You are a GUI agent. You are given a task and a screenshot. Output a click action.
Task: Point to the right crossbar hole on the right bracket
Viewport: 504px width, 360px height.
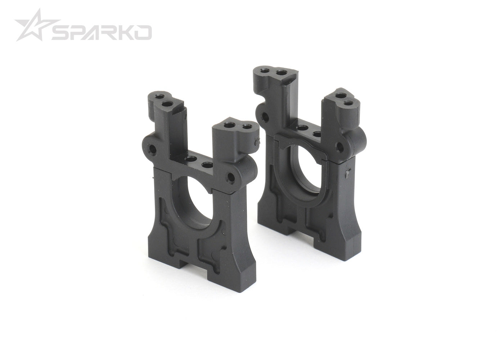pos(317,134)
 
